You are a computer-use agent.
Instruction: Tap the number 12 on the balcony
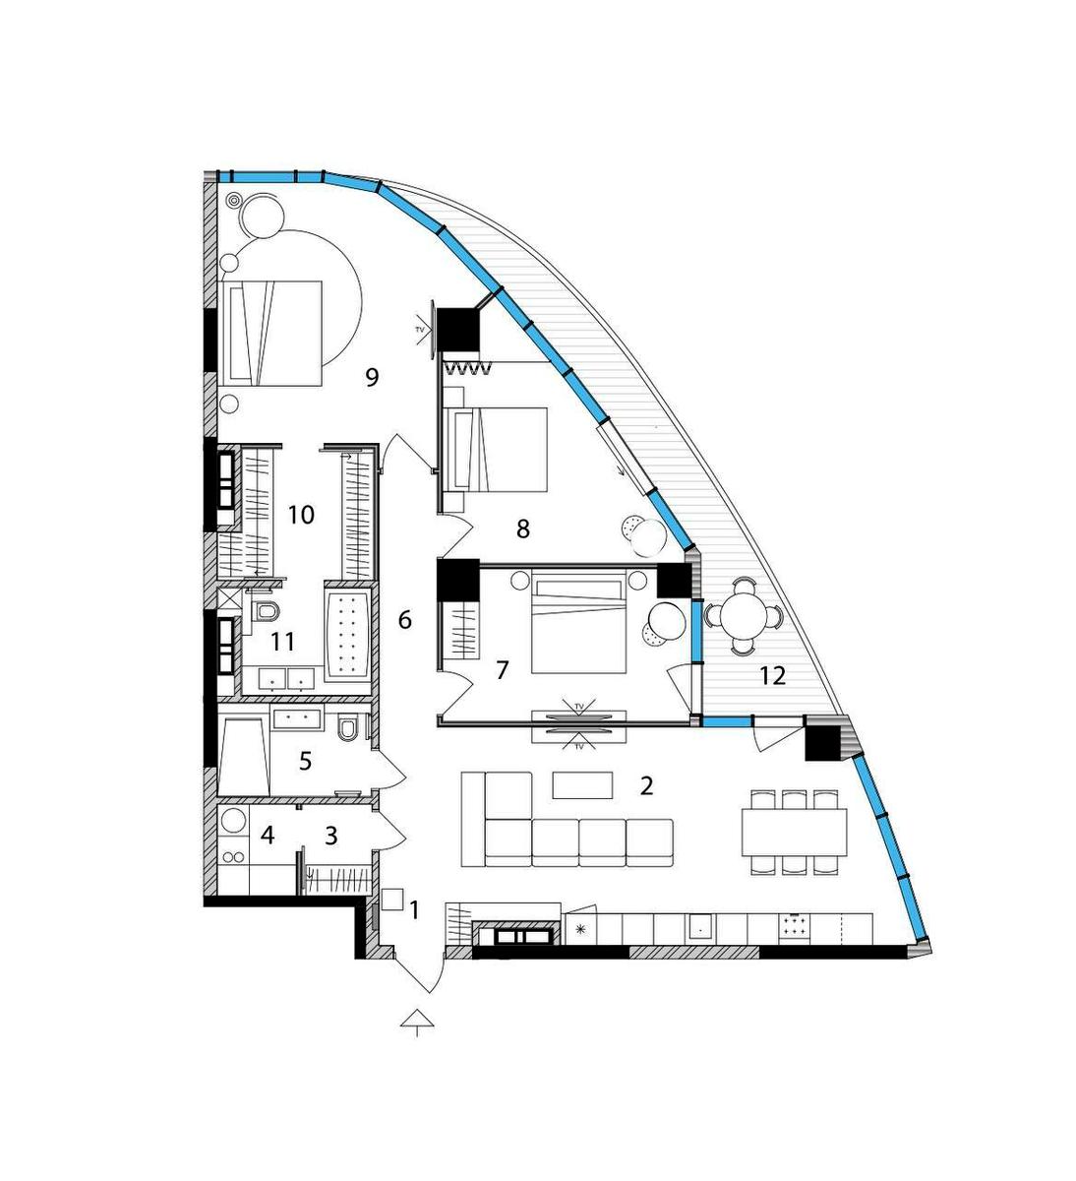pyautogui.click(x=773, y=676)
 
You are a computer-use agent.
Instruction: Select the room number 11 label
pyautogui.click(x=282, y=642)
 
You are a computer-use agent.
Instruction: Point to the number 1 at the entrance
pyautogui.click(x=414, y=910)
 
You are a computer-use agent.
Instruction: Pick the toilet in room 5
pyautogui.click(x=347, y=730)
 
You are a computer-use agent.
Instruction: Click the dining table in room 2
pyautogui.click(x=794, y=832)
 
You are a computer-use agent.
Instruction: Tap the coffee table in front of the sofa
pyautogui.click(x=582, y=785)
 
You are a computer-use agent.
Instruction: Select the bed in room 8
pyautogui.click(x=498, y=449)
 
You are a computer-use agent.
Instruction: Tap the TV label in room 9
pyautogui.click(x=420, y=330)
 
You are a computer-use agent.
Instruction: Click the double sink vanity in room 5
pyautogui.click(x=296, y=718)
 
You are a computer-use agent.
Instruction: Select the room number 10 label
pyautogui.click(x=301, y=515)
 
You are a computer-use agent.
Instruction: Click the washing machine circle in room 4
pyautogui.click(x=235, y=820)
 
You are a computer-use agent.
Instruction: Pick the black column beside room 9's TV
pyautogui.click(x=458, y=329)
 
